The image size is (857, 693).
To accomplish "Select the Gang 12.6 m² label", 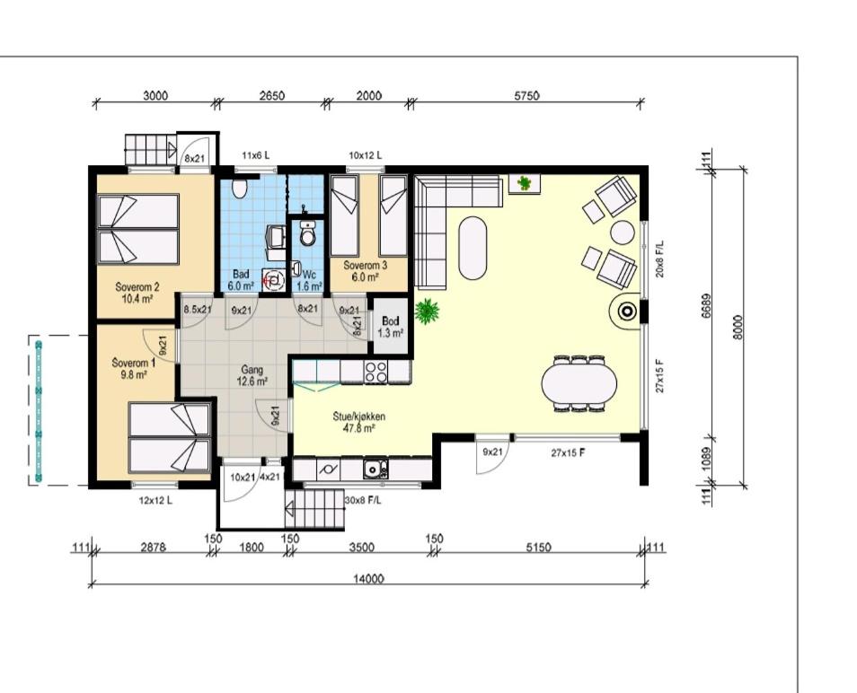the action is pyautogui.click(x=252, y=375).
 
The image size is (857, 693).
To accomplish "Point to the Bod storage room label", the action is pyautogui.click(x=390, y=327).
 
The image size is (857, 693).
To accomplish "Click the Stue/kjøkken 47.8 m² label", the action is pyautogui.click(x=359, y=422).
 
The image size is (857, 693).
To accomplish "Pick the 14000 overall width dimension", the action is pyautogui.click(x=368, y=578).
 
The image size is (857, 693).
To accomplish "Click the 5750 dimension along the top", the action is pyautogui.click(x=526, y=95).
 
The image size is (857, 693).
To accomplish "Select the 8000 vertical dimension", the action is pyautogui.click(x=738, y=328).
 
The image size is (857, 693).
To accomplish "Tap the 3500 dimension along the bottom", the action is pyautogui.click(x=361, y=548).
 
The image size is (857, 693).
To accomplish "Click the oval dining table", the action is pyautogui.click(x=579, y=382).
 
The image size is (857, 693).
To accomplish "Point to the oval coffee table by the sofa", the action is pyautogui.click(x=473, y=249).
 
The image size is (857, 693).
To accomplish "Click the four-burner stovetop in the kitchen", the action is pyautogui.click(x=376, y=372).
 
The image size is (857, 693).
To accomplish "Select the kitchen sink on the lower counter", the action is pyautogui.click(x=375, y=469).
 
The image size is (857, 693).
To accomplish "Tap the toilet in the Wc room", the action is pyautogui.click(x=308, y=234).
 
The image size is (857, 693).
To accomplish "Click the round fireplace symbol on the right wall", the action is pyautogui.click(x=627, y=311).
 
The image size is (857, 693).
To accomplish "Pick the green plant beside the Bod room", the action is pyautogui.click(x=427, y=311).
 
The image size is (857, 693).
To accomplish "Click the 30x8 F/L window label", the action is pyautogui.click(x=364, y=500).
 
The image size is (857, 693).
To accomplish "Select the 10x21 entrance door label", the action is pyautogui.click(x=243, y=477).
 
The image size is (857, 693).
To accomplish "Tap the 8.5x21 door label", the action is pyautogui.click(x=198, y=310).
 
